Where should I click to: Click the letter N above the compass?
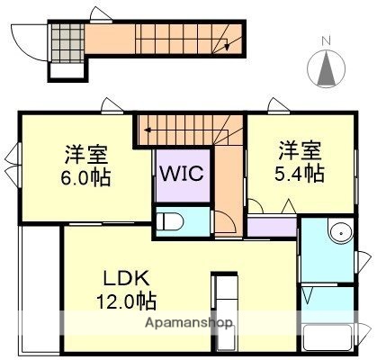pos(327,40)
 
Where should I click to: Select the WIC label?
pos(184,172)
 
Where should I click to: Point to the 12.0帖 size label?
pos(127,297)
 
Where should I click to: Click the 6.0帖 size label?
pos(87,177)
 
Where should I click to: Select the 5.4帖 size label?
pos(301,172)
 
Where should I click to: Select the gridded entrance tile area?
pos(64,40)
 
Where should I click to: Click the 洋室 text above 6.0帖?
pos(87,152)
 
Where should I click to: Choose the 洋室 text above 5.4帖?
pos(300,148)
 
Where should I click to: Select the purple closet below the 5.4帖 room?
pos(270,225)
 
